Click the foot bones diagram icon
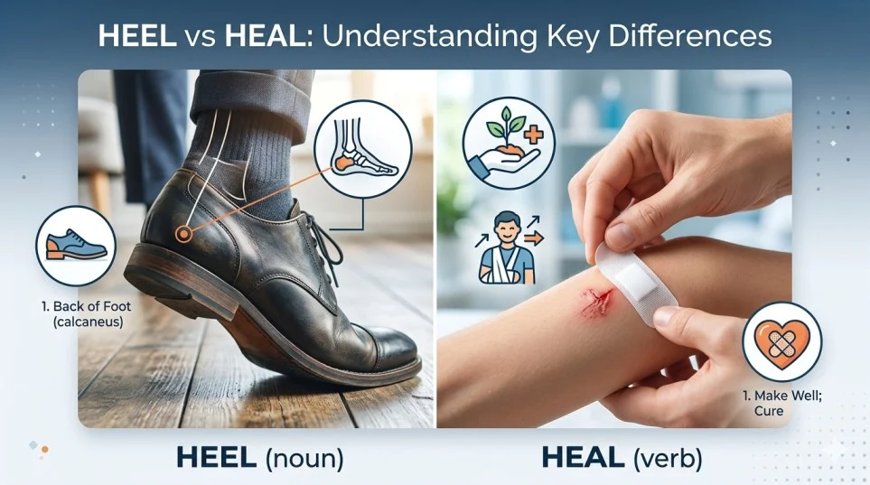pyautogui.click(x=366, y=145)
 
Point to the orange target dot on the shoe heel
pyautogui.click(x=184, y=234)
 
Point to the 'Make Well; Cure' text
pyautogui.click(x=766, y=404)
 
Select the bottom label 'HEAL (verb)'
pyautogui.click(x=622, y=457)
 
